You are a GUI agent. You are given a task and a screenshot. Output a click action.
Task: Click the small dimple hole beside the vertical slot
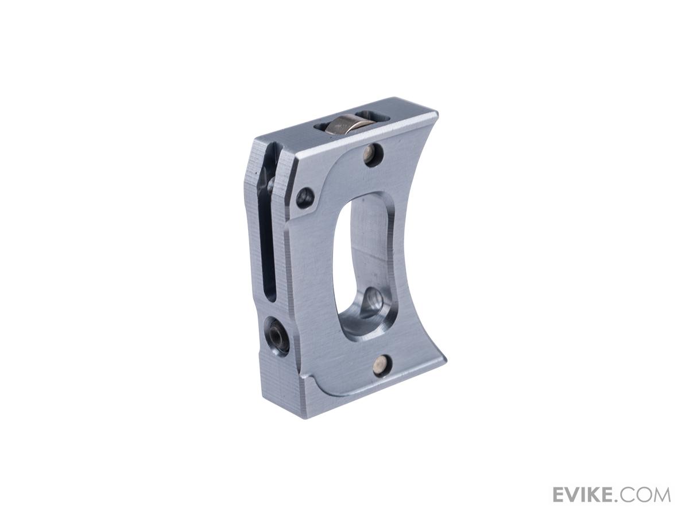305,197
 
